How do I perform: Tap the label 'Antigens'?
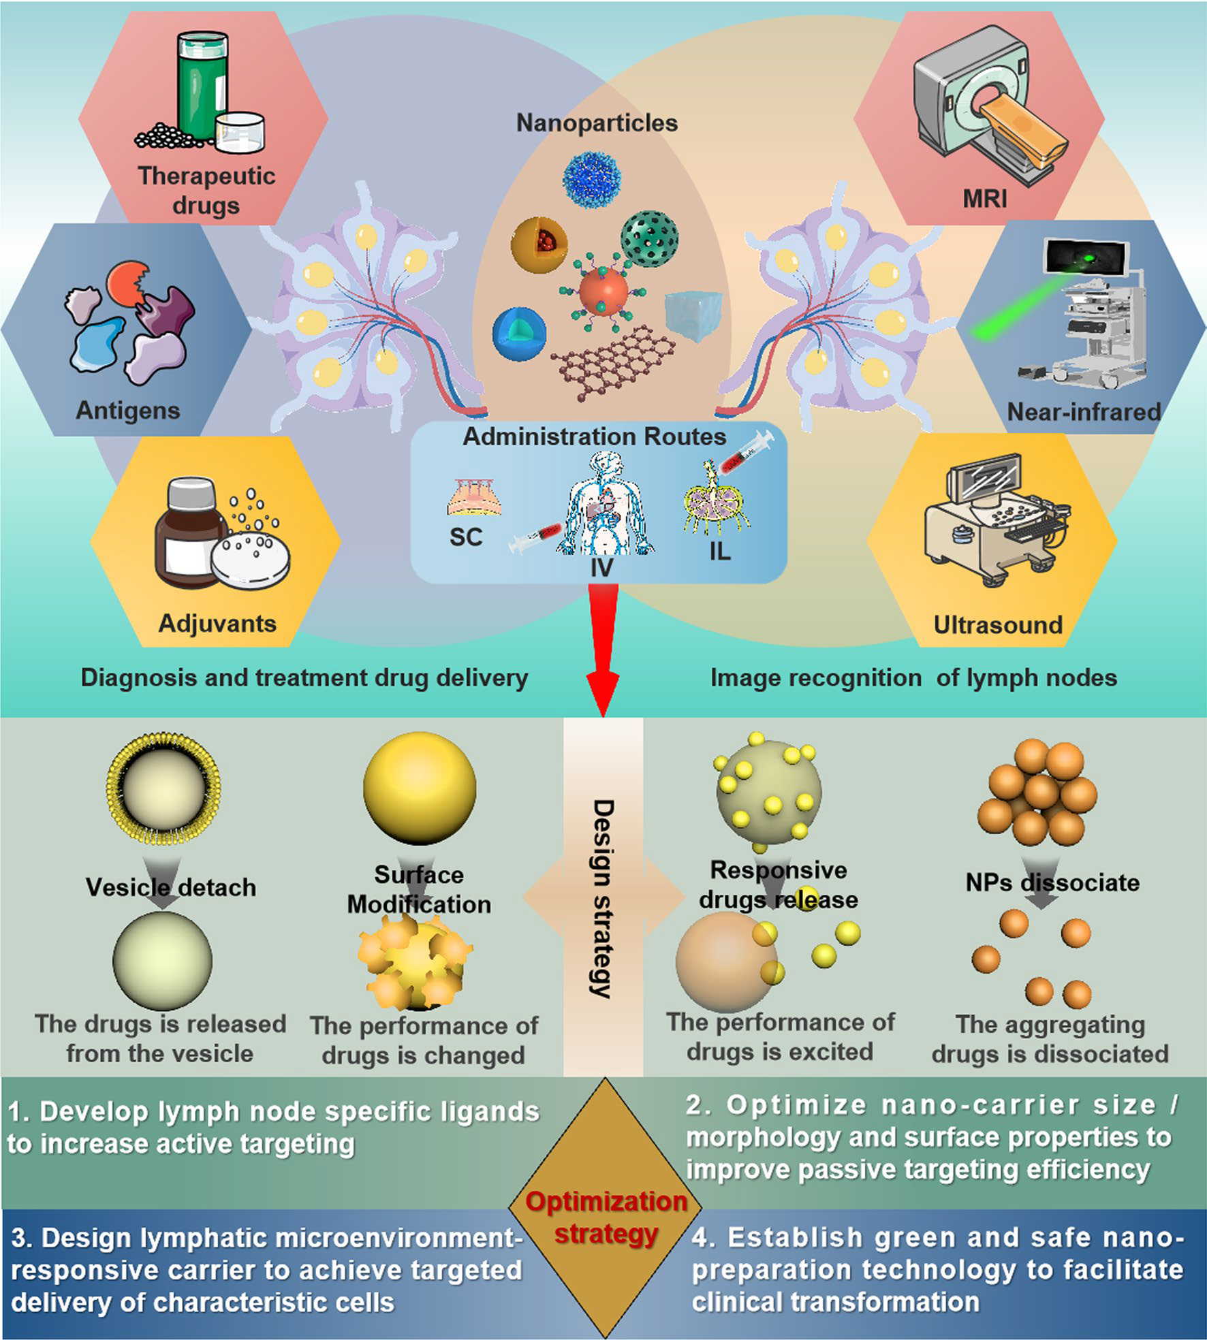(x=128, y=411)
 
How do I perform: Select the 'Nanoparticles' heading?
(x=597, y=123)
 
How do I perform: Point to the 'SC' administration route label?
(x=466, y=537)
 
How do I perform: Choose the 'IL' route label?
(x=719, y=551)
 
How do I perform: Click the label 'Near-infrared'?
(x=1084, y=412)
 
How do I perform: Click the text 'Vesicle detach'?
(x=171, y=888)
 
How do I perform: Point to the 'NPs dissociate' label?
(x=1052, y=883)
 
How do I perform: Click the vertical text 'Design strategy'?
(x=602, y=899)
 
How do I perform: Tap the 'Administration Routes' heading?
(x=595, y=436)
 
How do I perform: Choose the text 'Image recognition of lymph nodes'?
(x=913, y=678)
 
